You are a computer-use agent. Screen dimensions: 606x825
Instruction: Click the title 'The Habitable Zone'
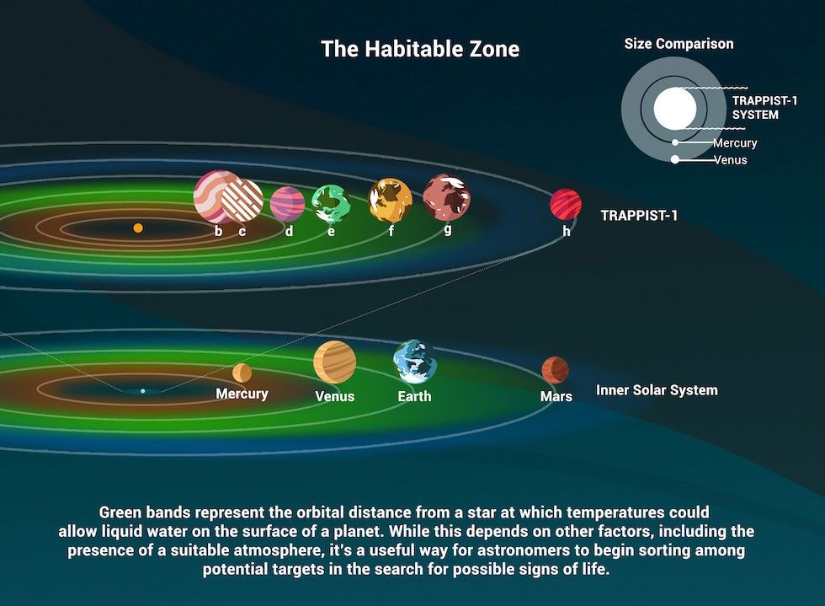[420, 49]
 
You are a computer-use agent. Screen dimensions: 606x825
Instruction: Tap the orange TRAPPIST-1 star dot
[138, 228]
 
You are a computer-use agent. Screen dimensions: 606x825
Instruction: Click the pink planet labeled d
[287, 203]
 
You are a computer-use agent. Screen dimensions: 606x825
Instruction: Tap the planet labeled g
[446, 196]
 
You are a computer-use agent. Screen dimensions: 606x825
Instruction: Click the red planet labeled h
[566, 204]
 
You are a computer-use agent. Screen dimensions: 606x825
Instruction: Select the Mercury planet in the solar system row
[242, 373]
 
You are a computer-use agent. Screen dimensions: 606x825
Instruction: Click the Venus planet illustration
[334, 362]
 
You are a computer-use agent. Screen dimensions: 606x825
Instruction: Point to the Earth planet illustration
[415, 362]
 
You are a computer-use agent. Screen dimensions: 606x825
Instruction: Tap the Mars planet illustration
[555, 369]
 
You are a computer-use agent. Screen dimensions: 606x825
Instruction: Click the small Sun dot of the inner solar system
[143, 391]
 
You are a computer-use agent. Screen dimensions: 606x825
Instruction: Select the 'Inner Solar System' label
[657, 390]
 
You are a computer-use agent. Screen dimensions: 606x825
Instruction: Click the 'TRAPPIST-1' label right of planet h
[639, 216]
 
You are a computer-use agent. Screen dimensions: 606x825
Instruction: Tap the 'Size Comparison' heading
[679, 44]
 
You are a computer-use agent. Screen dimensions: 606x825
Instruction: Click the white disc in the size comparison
[675, 108]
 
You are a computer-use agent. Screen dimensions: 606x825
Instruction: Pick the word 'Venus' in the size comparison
[730, 159]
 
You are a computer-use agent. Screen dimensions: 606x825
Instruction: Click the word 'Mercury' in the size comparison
[735, 143]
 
